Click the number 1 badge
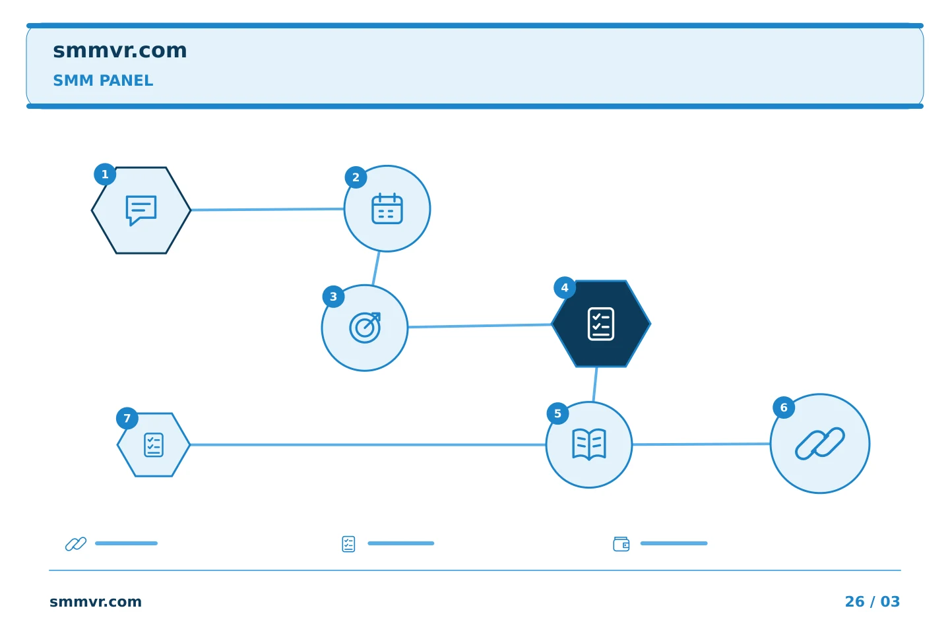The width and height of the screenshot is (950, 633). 105,174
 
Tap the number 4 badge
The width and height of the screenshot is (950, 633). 565,288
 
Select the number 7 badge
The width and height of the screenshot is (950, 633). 127,419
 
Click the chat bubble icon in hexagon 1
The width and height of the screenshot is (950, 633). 141,210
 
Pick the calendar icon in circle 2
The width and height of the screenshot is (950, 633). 387,208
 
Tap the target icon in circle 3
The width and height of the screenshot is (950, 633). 365,328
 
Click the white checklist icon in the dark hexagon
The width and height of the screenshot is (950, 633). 600,324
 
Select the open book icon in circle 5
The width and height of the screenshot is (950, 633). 588,444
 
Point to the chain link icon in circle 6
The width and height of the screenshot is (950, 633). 819,444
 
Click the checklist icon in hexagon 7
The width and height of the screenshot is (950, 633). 154,445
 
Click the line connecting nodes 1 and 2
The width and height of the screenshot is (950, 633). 267,210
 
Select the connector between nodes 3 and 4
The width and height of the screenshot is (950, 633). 480,326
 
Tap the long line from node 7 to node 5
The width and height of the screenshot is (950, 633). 367,445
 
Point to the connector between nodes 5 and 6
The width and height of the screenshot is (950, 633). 701,444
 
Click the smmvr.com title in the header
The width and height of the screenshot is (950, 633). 119,51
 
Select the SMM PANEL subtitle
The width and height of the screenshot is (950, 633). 103,80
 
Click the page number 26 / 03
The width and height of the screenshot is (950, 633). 872,601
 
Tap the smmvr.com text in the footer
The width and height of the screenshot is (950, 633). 96,601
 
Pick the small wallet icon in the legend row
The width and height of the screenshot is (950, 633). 621,543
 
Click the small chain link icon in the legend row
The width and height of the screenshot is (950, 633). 76,543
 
